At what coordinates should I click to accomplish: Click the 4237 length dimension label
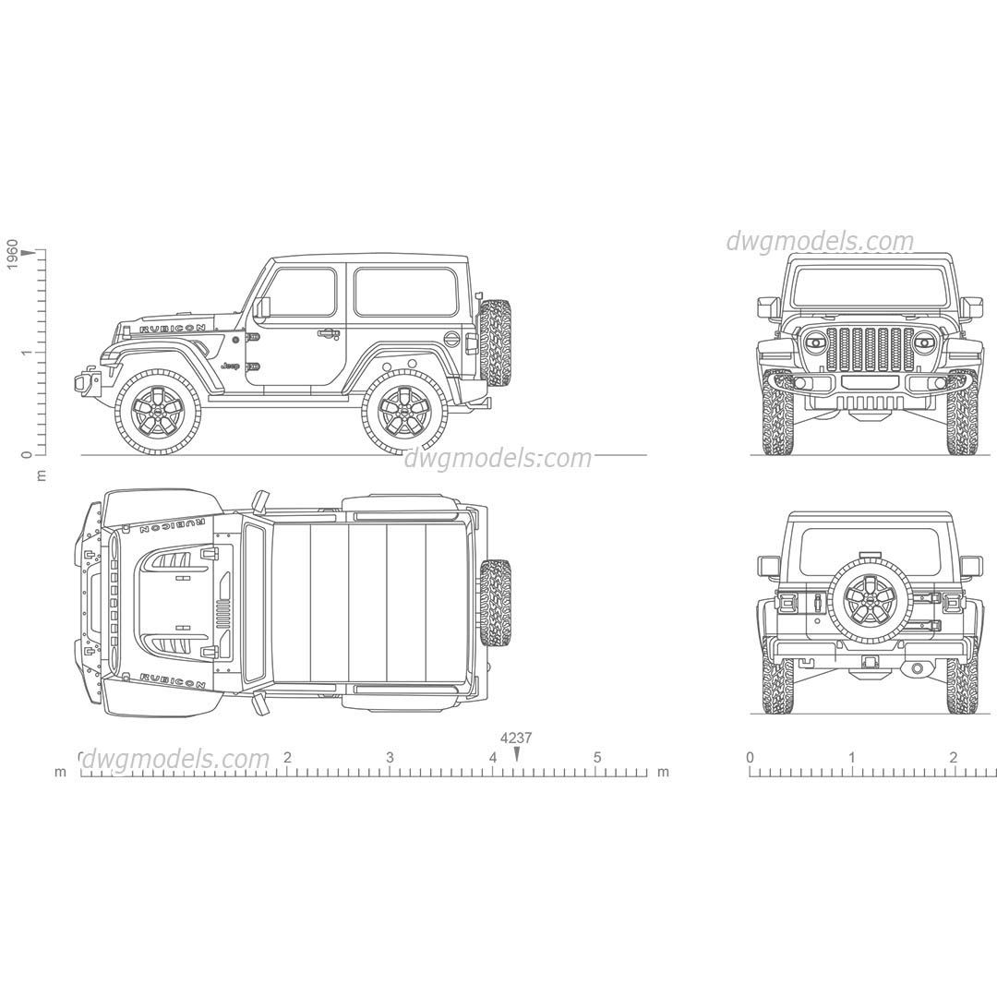pos(516,738)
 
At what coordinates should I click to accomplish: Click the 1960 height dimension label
pos(12,254)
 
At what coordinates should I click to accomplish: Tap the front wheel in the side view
pos(158,411)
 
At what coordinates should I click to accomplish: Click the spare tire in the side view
pos(496,342)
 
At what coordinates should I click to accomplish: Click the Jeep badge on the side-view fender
pos(230,366)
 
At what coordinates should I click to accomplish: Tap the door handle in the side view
pos(328,333)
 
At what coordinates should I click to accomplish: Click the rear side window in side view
pos(405,292)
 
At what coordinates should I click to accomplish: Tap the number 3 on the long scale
pos(390,758)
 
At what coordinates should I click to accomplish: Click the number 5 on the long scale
pos(597,758)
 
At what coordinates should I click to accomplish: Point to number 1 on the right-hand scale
pos(851,758)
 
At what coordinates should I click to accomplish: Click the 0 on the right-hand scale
pos(750,758)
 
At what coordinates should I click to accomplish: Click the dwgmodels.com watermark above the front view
pos(819,242)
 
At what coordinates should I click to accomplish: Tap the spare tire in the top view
pos(496,603)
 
